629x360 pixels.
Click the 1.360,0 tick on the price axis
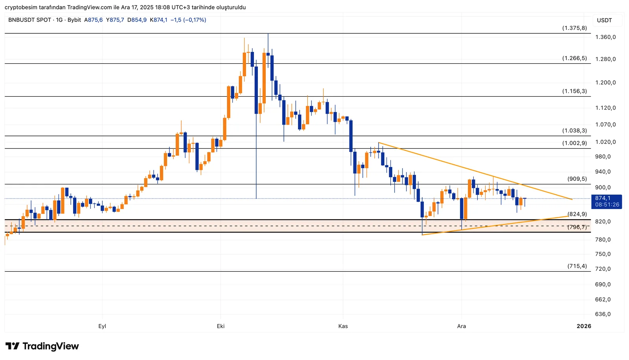click(x=605, y=37)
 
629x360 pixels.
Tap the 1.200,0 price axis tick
click(x=605, y=83)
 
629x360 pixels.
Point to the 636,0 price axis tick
click(x=603, y=314)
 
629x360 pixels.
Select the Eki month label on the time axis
click(x=221, y=326)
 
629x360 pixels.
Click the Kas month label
click(x=343, y=326)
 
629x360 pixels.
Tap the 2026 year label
click(x=584, y=326)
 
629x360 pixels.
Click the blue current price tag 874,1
click(x=607, y=201)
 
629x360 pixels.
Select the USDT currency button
click(x=604, y=20)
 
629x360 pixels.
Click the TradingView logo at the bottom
click(x=42, y=346)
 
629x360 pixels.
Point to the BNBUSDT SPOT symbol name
click(x=29, y=20)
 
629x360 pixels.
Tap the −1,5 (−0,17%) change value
click(x=188, y=20)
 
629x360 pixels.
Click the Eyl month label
click(x=102, y=326)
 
